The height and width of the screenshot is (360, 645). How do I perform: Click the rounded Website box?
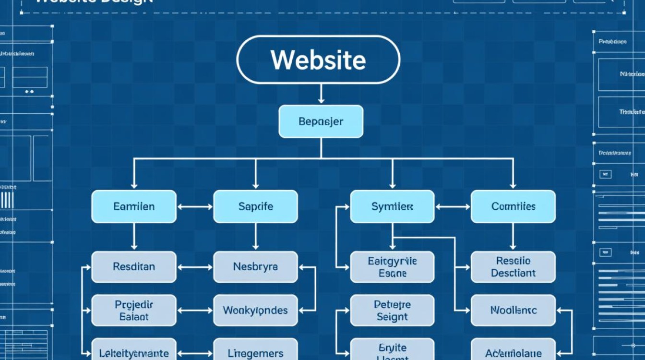[x=318, y=60]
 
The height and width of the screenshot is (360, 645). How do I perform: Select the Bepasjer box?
[x=321, y=121]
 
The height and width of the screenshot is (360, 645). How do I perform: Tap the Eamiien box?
[x=134, y=206]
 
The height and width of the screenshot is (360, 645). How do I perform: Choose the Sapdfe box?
[x=255, y=206]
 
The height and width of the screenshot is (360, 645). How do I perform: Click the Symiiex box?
[x=392, y=206]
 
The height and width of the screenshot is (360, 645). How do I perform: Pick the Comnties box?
[x=513, y=206]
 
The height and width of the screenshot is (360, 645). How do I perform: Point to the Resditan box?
[x=134, y=266]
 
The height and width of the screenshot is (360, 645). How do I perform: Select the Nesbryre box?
[x=255, y=266]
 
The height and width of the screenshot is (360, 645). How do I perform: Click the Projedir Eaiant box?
[x=134, y=311]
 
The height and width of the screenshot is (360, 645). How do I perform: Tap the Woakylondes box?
[x=255, y=311]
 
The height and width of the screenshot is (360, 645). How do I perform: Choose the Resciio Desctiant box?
[x=513, y=266]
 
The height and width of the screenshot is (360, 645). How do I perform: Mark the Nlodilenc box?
[x=513, y=311]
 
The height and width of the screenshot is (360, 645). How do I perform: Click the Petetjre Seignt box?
[x=392, y=311]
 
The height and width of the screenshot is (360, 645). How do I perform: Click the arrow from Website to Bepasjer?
[x=321, y=94]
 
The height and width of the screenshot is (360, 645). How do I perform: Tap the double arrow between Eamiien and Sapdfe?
[x=195, y=207]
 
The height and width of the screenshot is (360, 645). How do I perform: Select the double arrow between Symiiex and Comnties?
[x=453, y=207]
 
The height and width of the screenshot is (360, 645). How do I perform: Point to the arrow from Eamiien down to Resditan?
[x=134, y=237]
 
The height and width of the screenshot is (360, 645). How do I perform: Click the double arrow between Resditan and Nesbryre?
[x=195, y=267]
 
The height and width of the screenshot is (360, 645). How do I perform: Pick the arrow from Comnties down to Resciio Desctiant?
[x=513, y=237]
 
